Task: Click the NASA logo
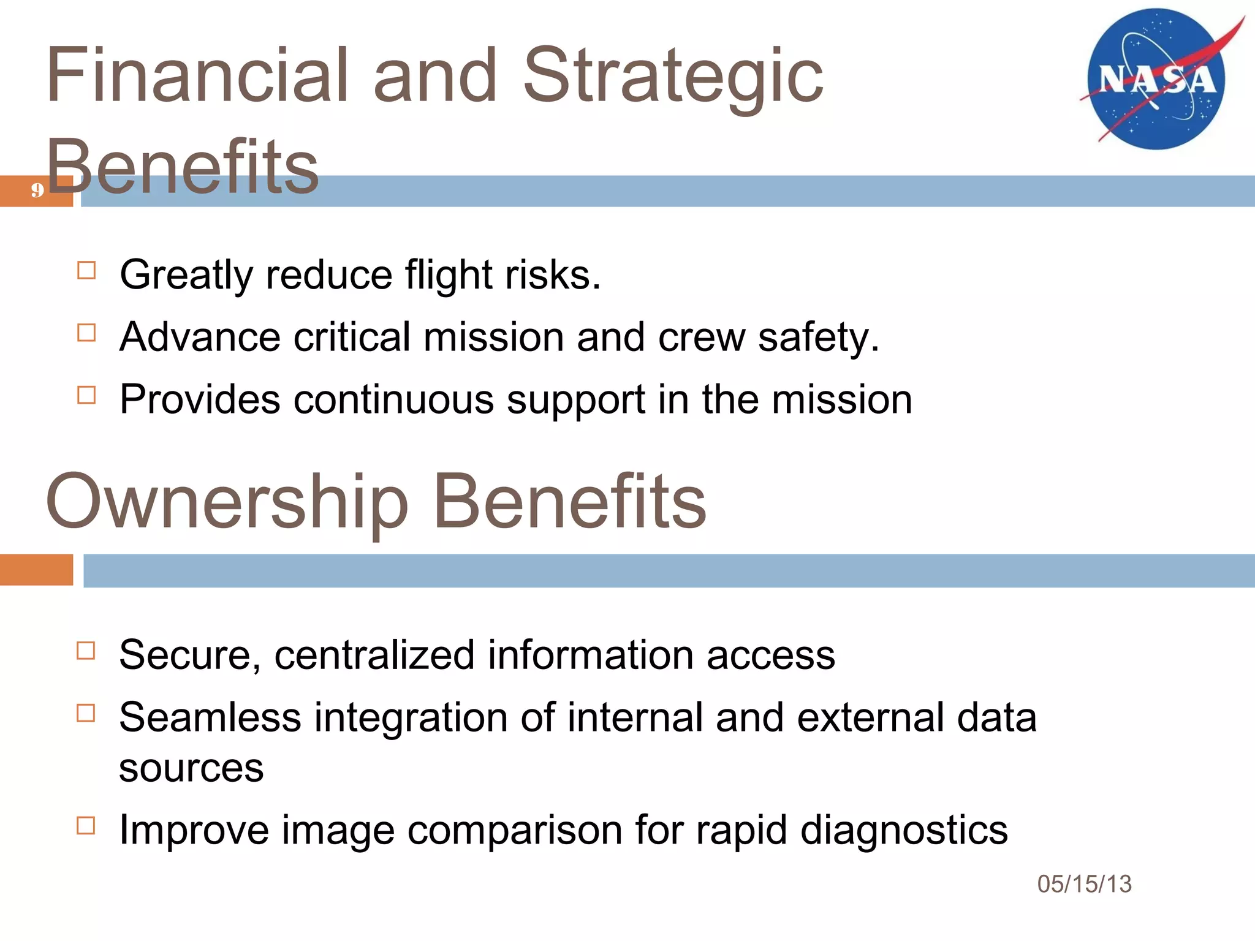pos(1157,80)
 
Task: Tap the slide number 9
pos(37,191)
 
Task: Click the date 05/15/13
pos(1084,884)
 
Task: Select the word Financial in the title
pos(197,76)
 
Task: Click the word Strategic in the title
pos(673,76)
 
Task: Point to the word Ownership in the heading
pos(227,501)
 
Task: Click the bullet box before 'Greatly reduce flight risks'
pos(86,270)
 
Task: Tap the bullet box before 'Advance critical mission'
pos(86,333)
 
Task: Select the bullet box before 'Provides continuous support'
pos(86,395)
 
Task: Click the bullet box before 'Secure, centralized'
pos(86,651)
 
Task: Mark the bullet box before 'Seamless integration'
pos(86,713)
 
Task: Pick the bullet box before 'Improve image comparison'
pos(86,826)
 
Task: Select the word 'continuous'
pos(393,399)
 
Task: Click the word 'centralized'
pos(374,655)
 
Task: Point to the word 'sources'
pos(191,768)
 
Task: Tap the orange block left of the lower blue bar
pos(36,570)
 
